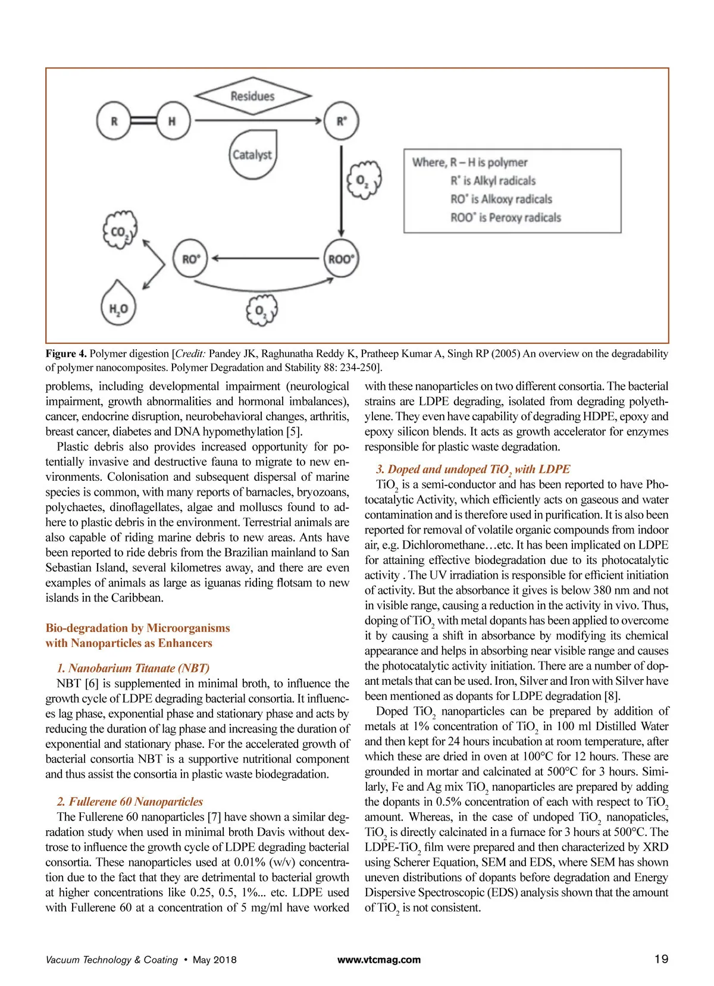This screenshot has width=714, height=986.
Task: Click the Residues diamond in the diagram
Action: point(253,96)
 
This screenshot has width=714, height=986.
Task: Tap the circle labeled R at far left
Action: point(114,121)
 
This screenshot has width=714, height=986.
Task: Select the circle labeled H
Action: point(173,121)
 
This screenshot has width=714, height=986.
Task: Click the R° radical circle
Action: point(341,121)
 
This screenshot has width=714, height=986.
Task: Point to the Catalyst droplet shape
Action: point(252,155)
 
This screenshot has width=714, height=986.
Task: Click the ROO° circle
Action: point(341,259)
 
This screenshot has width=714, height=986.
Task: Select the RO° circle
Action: point(190,259)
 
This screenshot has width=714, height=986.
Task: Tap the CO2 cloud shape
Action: point(120,231)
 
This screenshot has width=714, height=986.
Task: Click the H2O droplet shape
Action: point(118,306)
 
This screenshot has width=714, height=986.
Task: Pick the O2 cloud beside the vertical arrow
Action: point(363,179)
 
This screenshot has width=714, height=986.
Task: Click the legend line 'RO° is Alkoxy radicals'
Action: point(501,199)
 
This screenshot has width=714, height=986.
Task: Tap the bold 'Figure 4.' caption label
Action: point(66,353)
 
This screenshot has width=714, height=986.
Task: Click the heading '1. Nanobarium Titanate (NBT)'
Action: point(133,668)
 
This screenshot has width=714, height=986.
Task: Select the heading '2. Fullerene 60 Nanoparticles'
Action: point(130,802)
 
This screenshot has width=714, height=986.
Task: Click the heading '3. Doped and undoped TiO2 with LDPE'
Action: point(473,469)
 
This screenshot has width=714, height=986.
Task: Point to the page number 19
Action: point(661,959)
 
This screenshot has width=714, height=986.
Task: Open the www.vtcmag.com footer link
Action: point(379,960)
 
